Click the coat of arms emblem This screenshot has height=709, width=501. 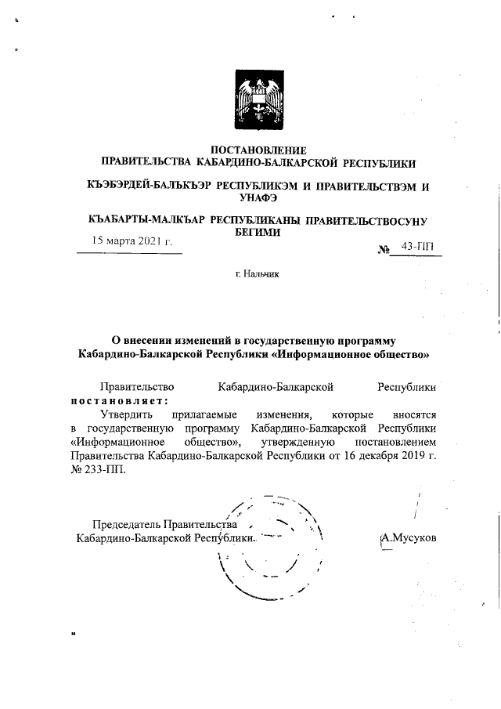click(258, 103)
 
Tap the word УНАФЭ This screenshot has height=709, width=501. click(259, 198)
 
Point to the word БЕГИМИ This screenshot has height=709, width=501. click(258, 233)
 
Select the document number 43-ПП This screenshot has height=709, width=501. click(415, 248)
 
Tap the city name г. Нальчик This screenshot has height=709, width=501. click(256, 275)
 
